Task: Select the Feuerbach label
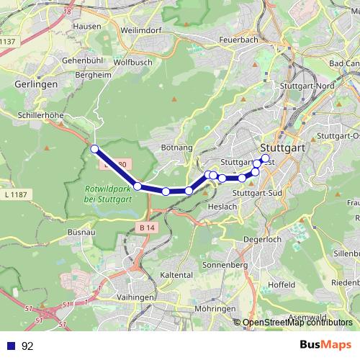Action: pos(238,40)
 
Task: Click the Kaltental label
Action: pos(176,276)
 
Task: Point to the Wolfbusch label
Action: pos(132,62)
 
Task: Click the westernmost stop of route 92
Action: pos(94,149)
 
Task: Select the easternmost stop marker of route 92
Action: pos(265,158)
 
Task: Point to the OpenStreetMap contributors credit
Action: pos(297,323)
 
